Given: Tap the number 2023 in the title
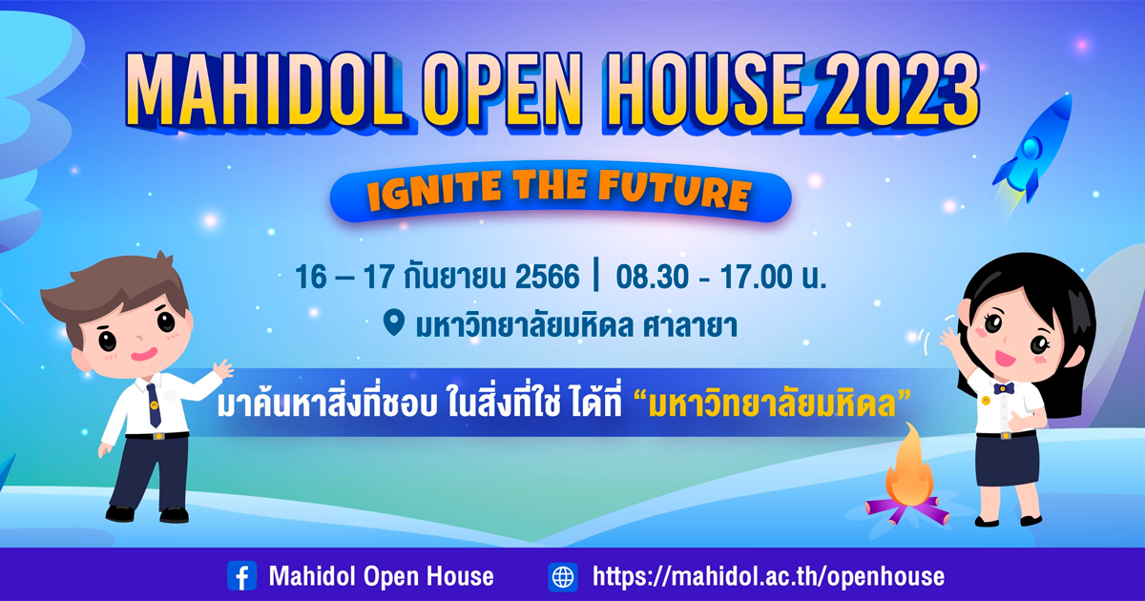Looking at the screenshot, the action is click(x=896, y=89).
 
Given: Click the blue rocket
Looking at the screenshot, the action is click(x=1032, y=148).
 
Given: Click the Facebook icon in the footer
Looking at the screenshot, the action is click(x=241, y=576).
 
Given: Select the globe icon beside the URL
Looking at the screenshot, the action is click(x=563, y=576).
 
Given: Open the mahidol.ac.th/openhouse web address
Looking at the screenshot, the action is click(x=768, y=576).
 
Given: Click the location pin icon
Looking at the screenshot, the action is click(x=393, y=323).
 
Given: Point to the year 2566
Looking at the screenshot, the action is click(x=547, y=277).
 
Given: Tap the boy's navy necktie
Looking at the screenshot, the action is click(x=154, y=404).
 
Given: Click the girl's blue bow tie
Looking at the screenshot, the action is click(x=1004, y=388).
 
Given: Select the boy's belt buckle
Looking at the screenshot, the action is click(x=158, y=437).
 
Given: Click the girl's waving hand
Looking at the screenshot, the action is click(x=949, y=339).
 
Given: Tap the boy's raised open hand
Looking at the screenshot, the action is click(x=223, y=369).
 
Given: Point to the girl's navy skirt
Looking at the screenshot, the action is click(x=1007, y=460).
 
